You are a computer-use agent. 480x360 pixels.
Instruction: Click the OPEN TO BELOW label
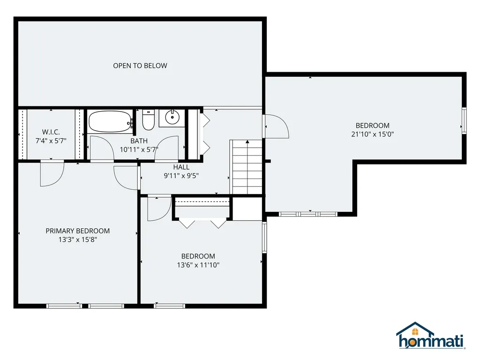tap(140, 66)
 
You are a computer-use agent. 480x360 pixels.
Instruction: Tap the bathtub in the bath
tap(110, 122)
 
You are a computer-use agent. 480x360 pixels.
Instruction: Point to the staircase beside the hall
tap(247, 167)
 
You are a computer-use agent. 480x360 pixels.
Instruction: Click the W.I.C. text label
tap(51, 132)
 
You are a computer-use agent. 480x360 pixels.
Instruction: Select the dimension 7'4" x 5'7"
tap(51, 141)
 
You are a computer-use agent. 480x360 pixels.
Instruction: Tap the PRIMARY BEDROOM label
tap(77, 231)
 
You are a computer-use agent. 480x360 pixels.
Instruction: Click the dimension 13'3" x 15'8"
tap(77, 239)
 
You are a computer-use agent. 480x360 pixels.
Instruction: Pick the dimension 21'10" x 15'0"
tap(373, 134)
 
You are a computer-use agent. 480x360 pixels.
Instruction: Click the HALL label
tap(181, 167)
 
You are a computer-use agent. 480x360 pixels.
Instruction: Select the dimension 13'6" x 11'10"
tap(198, 264)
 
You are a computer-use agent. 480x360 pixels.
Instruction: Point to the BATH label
tap(139, 141)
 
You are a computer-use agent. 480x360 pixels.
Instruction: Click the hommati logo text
tap(431, 341)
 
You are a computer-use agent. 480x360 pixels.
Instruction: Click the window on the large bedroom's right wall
tap(464, 120)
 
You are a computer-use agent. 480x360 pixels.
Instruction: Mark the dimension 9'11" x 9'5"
tap(181, 176)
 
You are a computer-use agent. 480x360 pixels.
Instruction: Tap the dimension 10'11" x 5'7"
tap(139, 150)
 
